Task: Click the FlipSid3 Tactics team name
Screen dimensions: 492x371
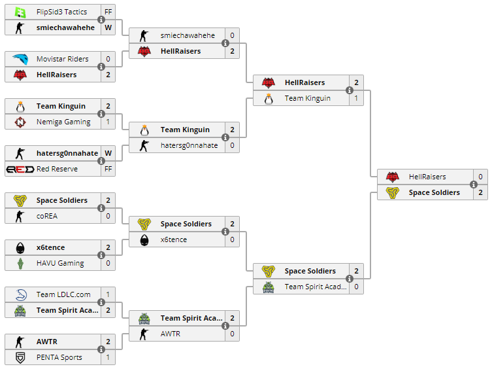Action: coord(61,12)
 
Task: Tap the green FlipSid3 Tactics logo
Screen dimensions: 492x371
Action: coord(20,12)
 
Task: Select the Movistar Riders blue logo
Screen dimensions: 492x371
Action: coord(20,59)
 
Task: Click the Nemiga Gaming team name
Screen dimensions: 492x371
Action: coord(63,122)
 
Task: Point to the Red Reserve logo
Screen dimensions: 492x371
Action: coord(20,169)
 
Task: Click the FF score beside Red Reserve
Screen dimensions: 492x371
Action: coord(108,169)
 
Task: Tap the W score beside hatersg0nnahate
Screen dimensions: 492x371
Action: coord(108,153)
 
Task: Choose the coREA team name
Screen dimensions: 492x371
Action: coord(47,216)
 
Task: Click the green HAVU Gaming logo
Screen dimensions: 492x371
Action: coord(20,263)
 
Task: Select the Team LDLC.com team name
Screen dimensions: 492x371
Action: coord(63,294)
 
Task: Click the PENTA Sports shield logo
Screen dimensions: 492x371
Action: coord(20,357)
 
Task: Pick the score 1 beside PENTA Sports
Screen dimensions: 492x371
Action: coord(108,357)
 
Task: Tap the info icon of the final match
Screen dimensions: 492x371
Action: coord(474,185)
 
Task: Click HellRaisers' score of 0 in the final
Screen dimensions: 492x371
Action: coord(480,177)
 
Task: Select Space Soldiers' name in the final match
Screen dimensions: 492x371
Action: coord(435,192)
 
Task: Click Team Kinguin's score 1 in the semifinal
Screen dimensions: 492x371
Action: coord(356,98)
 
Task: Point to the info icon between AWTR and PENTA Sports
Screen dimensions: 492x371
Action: coord(101,349)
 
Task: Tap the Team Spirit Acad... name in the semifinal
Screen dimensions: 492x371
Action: coord(316,287)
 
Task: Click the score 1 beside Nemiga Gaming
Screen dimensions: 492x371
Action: coord(108,122)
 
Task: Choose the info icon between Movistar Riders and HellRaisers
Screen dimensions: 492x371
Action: coord(101,67)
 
